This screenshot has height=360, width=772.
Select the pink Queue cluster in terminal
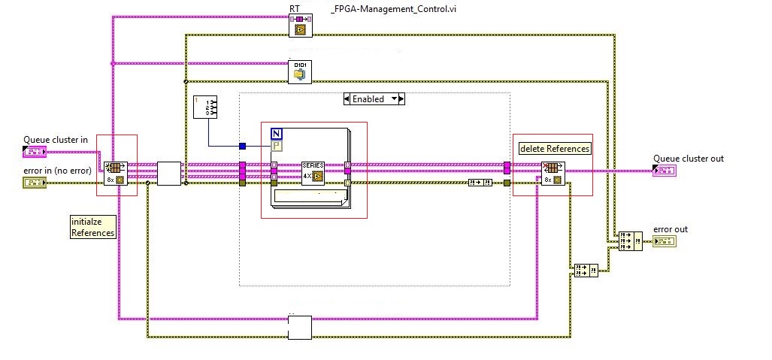tap(35, 152)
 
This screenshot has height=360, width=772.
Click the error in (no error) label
tap(57, 171)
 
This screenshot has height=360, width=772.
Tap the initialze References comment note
tap(92, 227)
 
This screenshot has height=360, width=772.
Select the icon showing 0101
tap(300, 71)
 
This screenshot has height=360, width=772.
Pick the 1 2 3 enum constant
tap(205, 108)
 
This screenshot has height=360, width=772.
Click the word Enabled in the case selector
tap(368, 99)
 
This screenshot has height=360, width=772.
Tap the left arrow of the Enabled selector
tap(347, 99)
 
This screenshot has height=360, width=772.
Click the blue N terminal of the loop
tap(276, 134)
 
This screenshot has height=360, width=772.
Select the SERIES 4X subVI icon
tap(312, 172)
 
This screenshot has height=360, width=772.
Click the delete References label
tap(555, 148)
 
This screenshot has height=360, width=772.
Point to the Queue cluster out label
tap(688, 158)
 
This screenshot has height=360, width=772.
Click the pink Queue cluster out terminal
tap(664, 171)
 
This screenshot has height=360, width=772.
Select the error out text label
tap(670, 229)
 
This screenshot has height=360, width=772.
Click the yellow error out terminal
tap(664, 241)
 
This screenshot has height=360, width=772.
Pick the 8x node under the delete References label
tap(553, 173)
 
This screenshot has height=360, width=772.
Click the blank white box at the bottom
tap(299, 328)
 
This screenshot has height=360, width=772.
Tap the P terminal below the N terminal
tap(276, 146)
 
